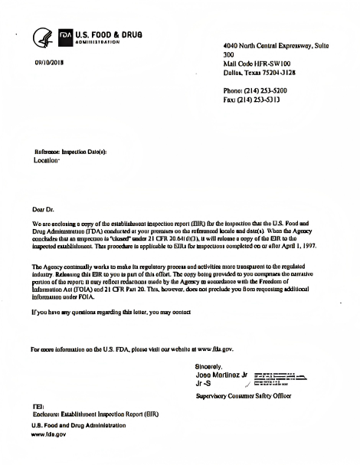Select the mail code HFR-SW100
pyautogui.click(x=273, y=64)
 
